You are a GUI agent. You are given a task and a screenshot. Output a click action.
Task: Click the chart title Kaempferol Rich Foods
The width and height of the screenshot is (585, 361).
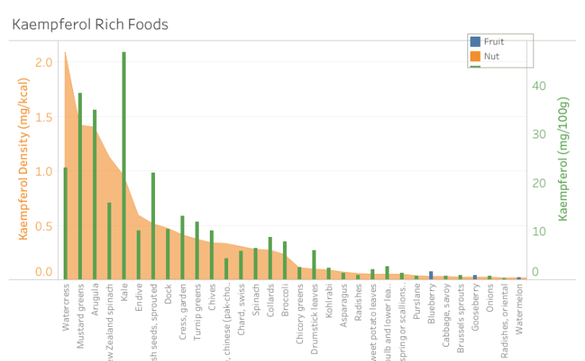coord(90,25)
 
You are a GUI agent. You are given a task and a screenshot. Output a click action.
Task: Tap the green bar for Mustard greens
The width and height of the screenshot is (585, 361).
coord(79,186)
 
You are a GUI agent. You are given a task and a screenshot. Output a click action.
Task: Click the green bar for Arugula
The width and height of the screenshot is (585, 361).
coord(95,195)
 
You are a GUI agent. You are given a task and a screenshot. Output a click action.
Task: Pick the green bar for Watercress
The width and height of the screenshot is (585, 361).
coord(65,223)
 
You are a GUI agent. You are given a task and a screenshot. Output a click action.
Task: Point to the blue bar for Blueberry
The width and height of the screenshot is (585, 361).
coord(431,275)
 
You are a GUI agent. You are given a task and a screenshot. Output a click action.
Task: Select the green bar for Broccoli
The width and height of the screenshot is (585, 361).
coord(285,260)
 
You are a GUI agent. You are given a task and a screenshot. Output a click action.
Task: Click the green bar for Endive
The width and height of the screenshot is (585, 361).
coord(138,254)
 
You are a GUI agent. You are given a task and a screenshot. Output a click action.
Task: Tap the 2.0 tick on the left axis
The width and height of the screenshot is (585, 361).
coord(45,62)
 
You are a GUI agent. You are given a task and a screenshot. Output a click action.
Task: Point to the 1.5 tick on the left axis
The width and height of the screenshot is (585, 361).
coord(45,117)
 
